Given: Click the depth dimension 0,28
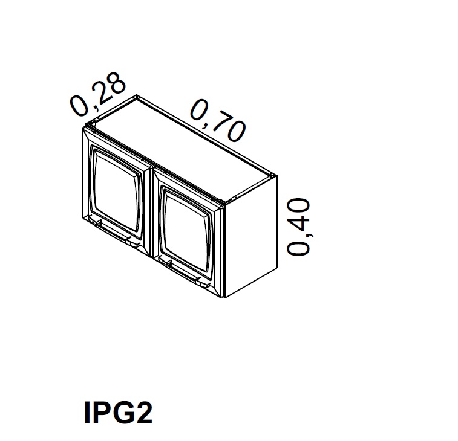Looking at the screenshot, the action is coord(98,93).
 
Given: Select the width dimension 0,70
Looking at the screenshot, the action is coord(218,120).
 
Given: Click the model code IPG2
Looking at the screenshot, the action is coord(118,413).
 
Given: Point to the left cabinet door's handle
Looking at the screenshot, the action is coord(113,233).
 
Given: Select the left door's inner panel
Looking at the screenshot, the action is coord(117,189).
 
